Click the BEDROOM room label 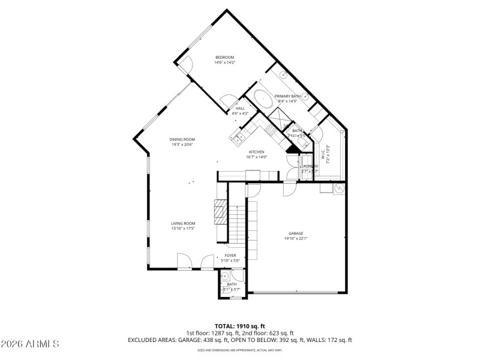[x=225, y=57]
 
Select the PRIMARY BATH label [x=287, y=96]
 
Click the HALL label [x=240, y=109]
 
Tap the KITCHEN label [x=257, y=152]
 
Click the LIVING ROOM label [x=183, y=223]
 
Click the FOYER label [x=231, y=255]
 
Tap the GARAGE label [x=296, y=233]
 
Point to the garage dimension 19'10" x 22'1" [x=296, y=239]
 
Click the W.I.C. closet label [x=322, y=153]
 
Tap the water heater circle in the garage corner [x=339, y=190]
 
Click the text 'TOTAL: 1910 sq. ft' [x=240, y=326]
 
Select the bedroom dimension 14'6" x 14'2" [x=225, y=62]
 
